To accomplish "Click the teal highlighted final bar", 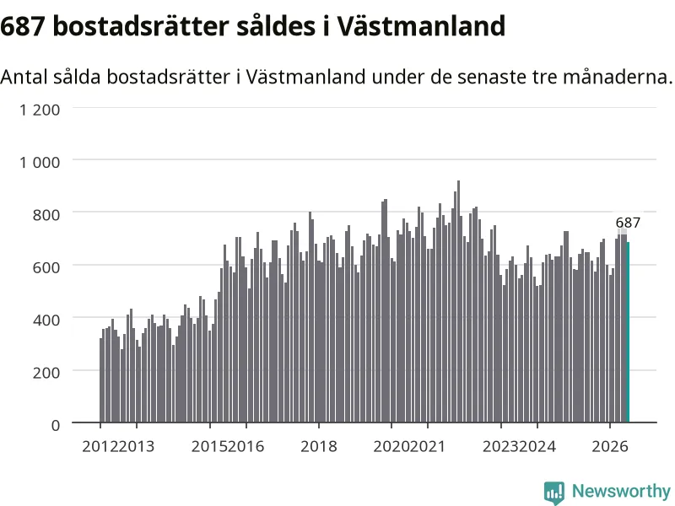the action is [628, 332].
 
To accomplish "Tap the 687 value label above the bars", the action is [628, 223].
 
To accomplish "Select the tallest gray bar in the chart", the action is [458, 301].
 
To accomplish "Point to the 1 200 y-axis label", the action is [40, 110].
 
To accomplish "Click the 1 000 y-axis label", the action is [40, 162].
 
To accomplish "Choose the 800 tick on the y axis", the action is [46, 215].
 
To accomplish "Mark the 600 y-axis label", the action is [46, 267].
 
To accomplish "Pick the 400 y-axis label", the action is [46, 320].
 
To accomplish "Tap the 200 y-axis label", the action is [46, 373].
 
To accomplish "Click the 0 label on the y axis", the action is [56, 425].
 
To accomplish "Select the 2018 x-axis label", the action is [319, 446].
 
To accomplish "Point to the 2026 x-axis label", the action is [610, 446].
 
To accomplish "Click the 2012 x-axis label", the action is [100, 446].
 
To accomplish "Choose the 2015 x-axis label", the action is [209, 446].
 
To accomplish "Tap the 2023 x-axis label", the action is [500, 446].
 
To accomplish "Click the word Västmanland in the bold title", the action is [420, 27].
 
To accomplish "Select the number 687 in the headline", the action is [23, 27].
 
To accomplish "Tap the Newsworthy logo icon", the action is [554, 493].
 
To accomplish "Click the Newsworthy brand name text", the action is [621, 491].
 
